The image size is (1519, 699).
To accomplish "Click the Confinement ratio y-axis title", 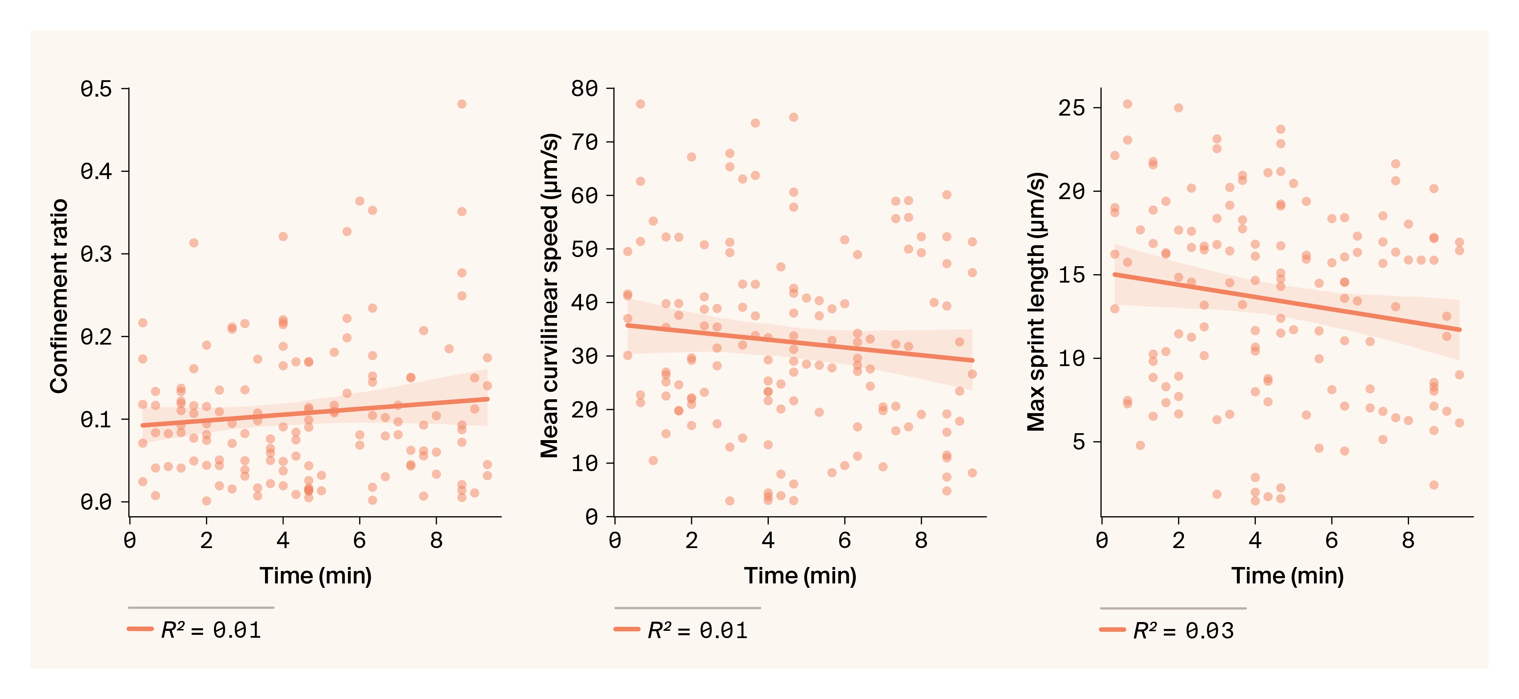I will pos(59,296).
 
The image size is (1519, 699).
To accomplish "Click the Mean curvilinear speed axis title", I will pos(550,296).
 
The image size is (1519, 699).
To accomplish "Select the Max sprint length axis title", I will pos(1036,302).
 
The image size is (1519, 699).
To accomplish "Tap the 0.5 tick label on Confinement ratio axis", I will pos(96,89).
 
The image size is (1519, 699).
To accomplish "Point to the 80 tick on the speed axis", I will pos(584,89).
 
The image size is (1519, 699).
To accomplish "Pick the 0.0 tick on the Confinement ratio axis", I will pos(96,502).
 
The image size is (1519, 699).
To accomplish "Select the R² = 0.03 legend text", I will pos(1183,630).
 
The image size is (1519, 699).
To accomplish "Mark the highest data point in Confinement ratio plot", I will pos(462,104).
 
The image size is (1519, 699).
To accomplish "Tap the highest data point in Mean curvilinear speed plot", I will pos(640,104).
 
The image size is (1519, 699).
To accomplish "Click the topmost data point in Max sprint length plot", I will pos(1127,104).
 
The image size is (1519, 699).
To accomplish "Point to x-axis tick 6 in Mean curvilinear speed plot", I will pos(844,540).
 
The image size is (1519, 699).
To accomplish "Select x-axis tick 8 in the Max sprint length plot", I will pos(1408,540).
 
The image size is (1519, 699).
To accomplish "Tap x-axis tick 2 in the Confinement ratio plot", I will pos(206,540).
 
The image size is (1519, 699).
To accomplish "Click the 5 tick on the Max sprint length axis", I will pos(1079,442).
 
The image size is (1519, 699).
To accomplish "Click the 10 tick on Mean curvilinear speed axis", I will pos(584,464).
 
